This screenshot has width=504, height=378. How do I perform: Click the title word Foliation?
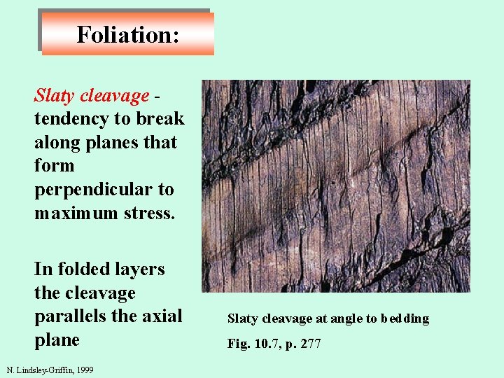(x=127, y=34)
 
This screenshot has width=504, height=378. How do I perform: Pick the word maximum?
(x=72, y=213)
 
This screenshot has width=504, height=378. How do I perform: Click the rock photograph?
(x=336, y=185)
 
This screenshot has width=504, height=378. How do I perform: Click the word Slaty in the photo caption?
(x=242, y=318)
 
